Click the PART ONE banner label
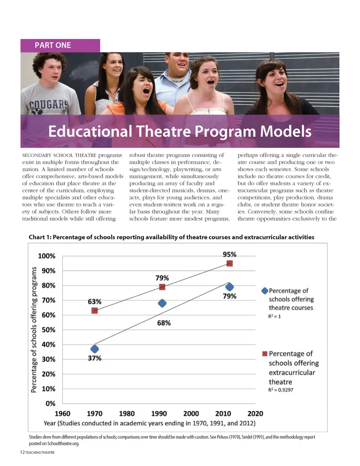pyautogui.click(x=53, y=45)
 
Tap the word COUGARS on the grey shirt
pyautogui.click(x=49, y=105)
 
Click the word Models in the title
pyautogui.click(x=286, y=131)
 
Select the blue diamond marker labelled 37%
pyautogui.click(x=94, y=349)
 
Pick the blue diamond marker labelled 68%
pyautogui.click(x=162, y=303)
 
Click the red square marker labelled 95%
pyautogui.click(x=229, y=263)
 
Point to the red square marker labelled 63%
pyautogui.click(x=94, y=311)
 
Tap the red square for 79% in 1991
pyautogui.click(x=162, y=287)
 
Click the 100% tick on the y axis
pyautogui.click(x=46, y=256)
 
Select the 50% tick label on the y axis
pyautogui.click(x=48, y=330)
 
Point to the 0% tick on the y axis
pyautogui.click(x=50, y=403)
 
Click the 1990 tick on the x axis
pyautogui.click(x=159, y=414)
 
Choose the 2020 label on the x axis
pyautogui.click(x=255, y=414)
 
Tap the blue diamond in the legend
pyautogui.click(x=265, y=291)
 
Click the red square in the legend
pyautogui.click(x=265, y=354)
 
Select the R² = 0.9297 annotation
pyautogui.click(x=280, y=390)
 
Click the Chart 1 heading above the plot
pyautogui.click(x=171, y=237)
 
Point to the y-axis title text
pyautogui.click(x=34, y=330)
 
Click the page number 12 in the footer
pyautogui.click(x=22, y=453)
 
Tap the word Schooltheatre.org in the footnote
pyautogui.click(x=63, y=444)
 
